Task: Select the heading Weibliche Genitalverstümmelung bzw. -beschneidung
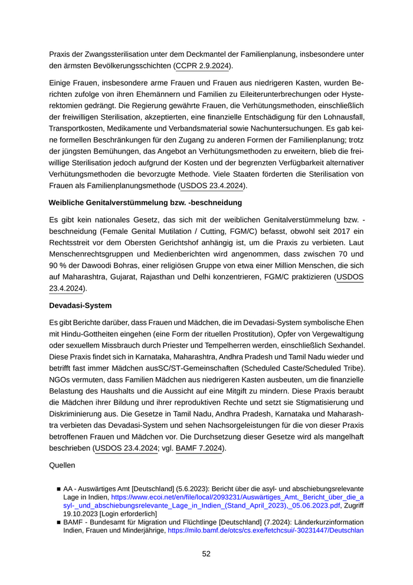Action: tap(145, 203)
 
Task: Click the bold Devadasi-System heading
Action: tap(80, 306)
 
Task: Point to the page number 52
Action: tap(206, 554)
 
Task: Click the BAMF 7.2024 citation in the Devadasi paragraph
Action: tap(198, 449)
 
